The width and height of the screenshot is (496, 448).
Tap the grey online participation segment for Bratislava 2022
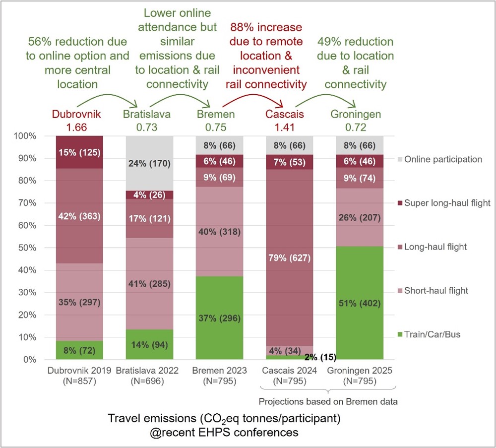tap(149, 160)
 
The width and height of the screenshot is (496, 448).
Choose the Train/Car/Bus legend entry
tap(431, 334)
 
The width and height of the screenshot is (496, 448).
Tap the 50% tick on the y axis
tap(30, 248)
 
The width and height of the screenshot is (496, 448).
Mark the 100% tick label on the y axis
tap(28, 136)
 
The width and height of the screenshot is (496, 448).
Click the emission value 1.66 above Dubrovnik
tap(76, 127)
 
